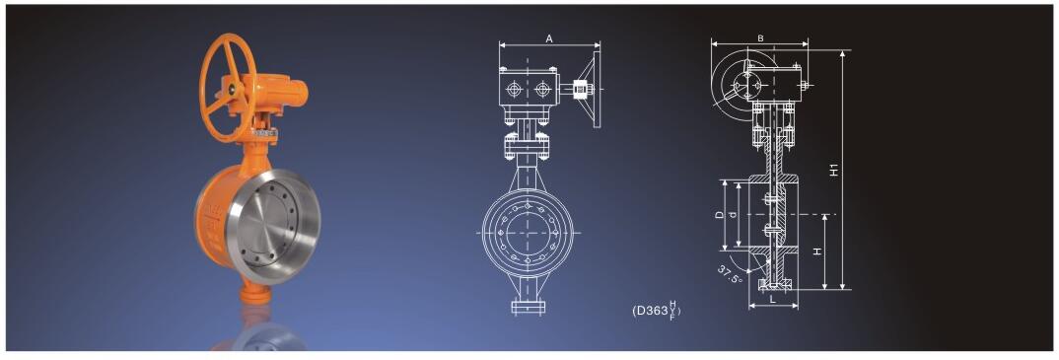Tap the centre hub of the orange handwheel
(231, 89)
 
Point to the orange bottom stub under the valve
(256, 295)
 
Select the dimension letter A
(550, 39)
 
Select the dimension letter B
(760, 38)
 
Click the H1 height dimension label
(835, 170)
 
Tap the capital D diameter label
(719, 215)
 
